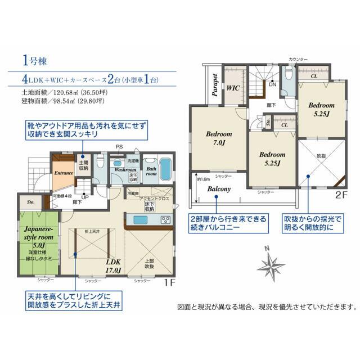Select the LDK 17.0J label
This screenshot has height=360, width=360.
click(x=112, y=265)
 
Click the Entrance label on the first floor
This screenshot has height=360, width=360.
click(x=64, y=173)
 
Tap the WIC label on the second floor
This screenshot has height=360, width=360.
click(x=233, y=88)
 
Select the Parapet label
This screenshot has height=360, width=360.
click(x=214, y=85)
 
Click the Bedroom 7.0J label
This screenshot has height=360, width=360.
click(x=219, y=139)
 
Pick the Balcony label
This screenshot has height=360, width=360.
click(x=219, y=189)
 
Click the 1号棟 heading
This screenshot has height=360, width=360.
click(x=35, y=59)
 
